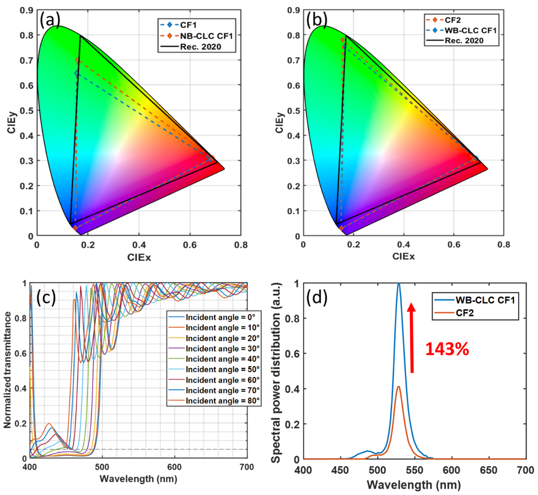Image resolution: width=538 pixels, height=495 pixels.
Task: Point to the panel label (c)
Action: point(46,298)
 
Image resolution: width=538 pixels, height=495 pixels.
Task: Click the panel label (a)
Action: point(50,20)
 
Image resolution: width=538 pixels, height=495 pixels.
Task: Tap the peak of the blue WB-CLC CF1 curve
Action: point(399,283)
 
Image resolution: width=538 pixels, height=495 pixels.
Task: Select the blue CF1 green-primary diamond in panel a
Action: point(76,73)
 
